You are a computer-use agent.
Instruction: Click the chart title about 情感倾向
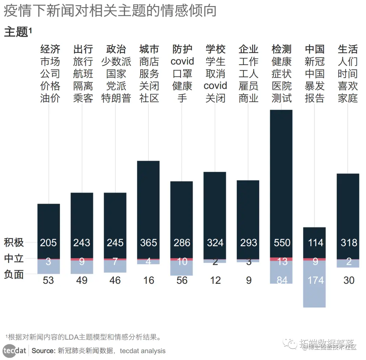(x=110, y=11)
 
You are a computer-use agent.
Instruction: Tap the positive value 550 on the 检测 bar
(x=282, y=243)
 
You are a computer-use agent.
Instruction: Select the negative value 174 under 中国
(x=316, y=280)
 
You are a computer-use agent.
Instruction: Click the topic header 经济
(x=50, y=49)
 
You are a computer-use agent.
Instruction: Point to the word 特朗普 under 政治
(x=116, y=98)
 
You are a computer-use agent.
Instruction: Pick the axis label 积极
(x=14, y=242)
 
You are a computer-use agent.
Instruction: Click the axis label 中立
(x=14, y=259)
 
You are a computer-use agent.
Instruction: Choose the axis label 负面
(x=14, y=274)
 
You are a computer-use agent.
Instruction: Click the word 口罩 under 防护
(x=182, y=74)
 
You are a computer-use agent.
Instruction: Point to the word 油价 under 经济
(x=50, y=98)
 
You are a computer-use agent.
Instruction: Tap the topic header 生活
(x=348, y=49)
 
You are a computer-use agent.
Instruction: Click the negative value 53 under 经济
(x=48, y=280)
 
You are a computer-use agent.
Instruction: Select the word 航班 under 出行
(x=83, y=74)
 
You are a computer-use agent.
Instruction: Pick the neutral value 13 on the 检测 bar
(x=282, y=261)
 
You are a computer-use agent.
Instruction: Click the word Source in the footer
(x=43, y=351)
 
